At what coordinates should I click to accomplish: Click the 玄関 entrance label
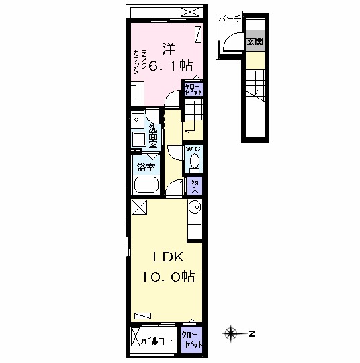pyautogui.click(x=255, y=42)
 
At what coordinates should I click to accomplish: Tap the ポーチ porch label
pyautogui.click(x=230, y=19)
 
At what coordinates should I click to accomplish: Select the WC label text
pyautogui.click(x=193, y=149)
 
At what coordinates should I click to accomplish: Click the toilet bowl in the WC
pyautogui.click(x=195, y=161)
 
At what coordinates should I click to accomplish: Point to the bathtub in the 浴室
pyautogui.click(x=146, y=185)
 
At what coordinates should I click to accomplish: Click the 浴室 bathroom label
pyautogui.click(x=146, y=167)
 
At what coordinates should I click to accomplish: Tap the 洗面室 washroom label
pyautogui.click(x=153, y=136)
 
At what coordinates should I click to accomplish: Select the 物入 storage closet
pyautogui.click(x=195, y=186)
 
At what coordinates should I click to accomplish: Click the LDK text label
pyautogui.click(x=168, y=257)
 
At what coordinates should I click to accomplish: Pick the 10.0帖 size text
pyautogui.click(x=168, y=276)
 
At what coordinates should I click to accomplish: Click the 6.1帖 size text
pyautogui.click(x=170, y=65)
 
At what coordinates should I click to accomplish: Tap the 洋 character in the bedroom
pyautogui.click(x=169, y=48)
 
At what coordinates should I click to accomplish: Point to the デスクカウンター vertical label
pyautogui.click(x=140, y=64)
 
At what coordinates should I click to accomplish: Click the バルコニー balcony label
pyautogui.click(x=159, y=341)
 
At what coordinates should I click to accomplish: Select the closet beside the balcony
pyautogui.click(x=192, y=339)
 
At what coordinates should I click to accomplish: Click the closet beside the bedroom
pyautogui.click(x=193, y=89)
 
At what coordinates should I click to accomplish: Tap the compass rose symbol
pyautogui.click(x=231, y=334)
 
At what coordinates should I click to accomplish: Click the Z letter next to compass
pyautogui.click(x=252, y=334)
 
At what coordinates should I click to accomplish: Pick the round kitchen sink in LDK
pyautogui.click(x=195, y=207)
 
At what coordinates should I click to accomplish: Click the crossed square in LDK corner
pyautogui.click(x=139, y=208)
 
